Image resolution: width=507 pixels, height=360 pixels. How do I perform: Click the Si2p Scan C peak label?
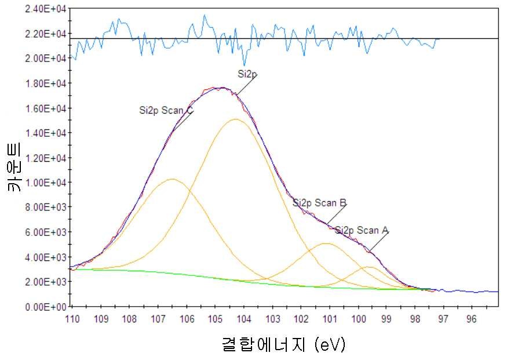(x=166, y=110)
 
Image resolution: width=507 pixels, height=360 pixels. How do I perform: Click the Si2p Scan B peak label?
(x=319, y=203)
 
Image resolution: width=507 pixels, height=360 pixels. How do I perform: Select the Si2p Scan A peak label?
(x=362, y=230)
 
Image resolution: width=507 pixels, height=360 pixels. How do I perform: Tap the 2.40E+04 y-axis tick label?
(x=45, y=9)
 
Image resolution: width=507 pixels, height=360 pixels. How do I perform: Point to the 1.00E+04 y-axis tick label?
(x=45, y=183)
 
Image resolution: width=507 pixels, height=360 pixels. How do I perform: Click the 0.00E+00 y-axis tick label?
(x=45, y=307)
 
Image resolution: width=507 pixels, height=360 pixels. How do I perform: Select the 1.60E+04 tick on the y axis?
(x=45, y=108)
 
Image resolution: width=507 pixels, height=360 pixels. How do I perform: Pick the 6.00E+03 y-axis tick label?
(x=45, y=232)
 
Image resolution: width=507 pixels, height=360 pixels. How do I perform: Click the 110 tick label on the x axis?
(x=72, y=319)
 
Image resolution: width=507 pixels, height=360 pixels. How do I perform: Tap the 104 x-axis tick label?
(x=244, y=319)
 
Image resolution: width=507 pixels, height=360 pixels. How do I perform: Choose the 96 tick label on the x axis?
(x=472, y=319)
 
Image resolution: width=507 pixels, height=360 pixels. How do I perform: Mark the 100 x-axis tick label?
(x=359, y=319)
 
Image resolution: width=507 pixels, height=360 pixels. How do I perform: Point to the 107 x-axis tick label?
(x=158, y=319)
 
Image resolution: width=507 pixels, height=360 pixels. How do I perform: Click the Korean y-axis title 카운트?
(x=14, y=167)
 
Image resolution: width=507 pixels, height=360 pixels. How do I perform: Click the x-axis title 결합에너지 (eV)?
(x=284, y=344)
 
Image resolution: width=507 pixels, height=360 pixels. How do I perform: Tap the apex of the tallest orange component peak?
(x=236, y=119)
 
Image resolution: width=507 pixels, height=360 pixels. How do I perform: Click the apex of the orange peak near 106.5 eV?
(x=172, y=179)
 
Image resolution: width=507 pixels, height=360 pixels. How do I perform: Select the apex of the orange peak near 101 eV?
(x=327, y=243)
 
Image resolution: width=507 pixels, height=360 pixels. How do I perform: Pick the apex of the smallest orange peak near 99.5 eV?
(x=369, y=267)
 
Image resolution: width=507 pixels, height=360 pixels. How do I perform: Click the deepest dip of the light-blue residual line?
(x=245, y=66)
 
